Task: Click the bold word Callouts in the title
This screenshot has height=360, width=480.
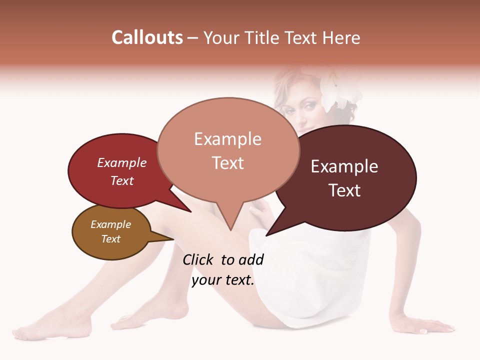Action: (147, 37)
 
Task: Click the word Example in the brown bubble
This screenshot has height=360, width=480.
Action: (111, 224)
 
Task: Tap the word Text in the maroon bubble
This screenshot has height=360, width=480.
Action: (344, 190)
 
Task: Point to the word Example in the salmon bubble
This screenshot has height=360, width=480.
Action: (228, 139)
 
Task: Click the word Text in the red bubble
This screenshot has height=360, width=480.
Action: (122, 180)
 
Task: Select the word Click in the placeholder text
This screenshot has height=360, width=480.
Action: (198, 260)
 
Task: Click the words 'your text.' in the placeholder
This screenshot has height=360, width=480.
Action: (223, 280)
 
